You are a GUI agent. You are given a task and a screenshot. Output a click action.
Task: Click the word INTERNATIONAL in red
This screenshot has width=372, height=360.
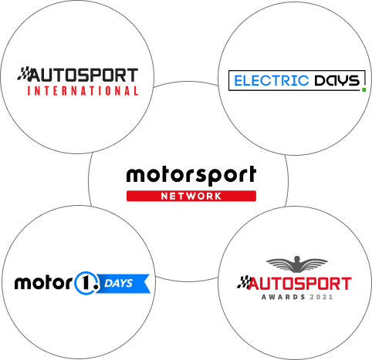[x=83, y=91]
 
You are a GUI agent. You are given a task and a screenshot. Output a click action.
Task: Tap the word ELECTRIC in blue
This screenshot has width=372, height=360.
[x=272, y=81]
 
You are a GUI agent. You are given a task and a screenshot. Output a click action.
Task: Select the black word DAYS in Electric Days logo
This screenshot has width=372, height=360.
[x=337, y=81]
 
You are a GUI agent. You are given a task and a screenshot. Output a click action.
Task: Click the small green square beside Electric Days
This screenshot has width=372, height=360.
[x=364, y=89]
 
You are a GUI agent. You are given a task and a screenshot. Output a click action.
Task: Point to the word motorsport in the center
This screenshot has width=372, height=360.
[x=191, y=175]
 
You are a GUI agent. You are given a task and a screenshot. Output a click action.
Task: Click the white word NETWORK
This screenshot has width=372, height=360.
[x=191, y=197]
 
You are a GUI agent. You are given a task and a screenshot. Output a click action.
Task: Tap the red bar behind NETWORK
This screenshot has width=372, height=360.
[x=191, y=196]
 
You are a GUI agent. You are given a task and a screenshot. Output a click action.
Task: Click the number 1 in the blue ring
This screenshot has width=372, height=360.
[x=86, y=283]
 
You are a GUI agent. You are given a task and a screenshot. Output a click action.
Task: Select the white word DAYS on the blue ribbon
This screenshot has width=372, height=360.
[x=118, y=283]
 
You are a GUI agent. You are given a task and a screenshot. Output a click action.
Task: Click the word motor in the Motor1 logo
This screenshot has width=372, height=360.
[x=43, y=283]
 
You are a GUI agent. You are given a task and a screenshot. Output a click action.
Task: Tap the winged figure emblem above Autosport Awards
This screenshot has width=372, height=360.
[x=297, y=264]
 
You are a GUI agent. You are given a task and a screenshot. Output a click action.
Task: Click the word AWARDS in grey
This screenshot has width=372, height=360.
[x=283, y=297]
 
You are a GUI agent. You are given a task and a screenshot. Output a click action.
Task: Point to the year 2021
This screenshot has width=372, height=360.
[x=321, y=297]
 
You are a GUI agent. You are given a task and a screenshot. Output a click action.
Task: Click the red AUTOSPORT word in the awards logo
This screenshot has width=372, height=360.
[x=299, y=284]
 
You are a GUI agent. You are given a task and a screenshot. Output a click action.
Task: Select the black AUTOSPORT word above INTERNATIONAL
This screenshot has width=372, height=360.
[x=84, y=75]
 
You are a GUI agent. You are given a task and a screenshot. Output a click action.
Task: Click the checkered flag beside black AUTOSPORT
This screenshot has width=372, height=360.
[x=24, y=73]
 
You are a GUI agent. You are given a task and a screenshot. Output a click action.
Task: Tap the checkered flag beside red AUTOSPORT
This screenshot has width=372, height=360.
[x=243, y=282]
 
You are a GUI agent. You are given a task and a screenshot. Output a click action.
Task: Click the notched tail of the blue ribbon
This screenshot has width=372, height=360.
[x=146, y=284]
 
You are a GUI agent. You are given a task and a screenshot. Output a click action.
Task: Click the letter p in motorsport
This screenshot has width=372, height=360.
[x=218, y=177]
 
